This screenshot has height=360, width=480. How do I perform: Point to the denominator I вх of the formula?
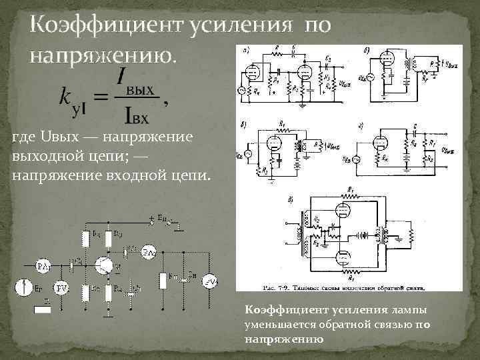click(136, 115)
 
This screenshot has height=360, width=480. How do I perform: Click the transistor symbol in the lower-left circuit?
click(104, 265)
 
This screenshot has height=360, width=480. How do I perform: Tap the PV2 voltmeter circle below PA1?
click(61, 288)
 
